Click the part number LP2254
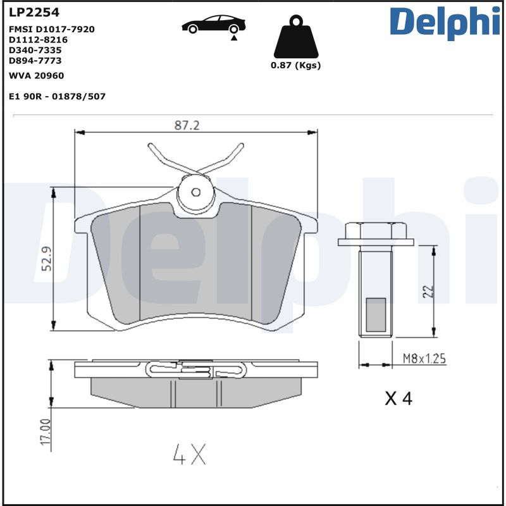click(x=29, y=12)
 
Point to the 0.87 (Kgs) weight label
click(x=295, y=65)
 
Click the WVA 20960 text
click(x=36, y=75)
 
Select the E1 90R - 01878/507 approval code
click(x=57, y=96)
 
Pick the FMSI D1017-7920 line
click(x=52, y=29)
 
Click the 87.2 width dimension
click(x=187, y=126)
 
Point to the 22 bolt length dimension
click(x=428, y=291)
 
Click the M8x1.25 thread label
click(x=424, y=359)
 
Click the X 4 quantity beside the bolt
click(x=398, y=398)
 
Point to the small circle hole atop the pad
click(x=196, y=192)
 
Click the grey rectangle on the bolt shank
click(x=376, y=314)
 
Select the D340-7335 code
click(x=35, y=50)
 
